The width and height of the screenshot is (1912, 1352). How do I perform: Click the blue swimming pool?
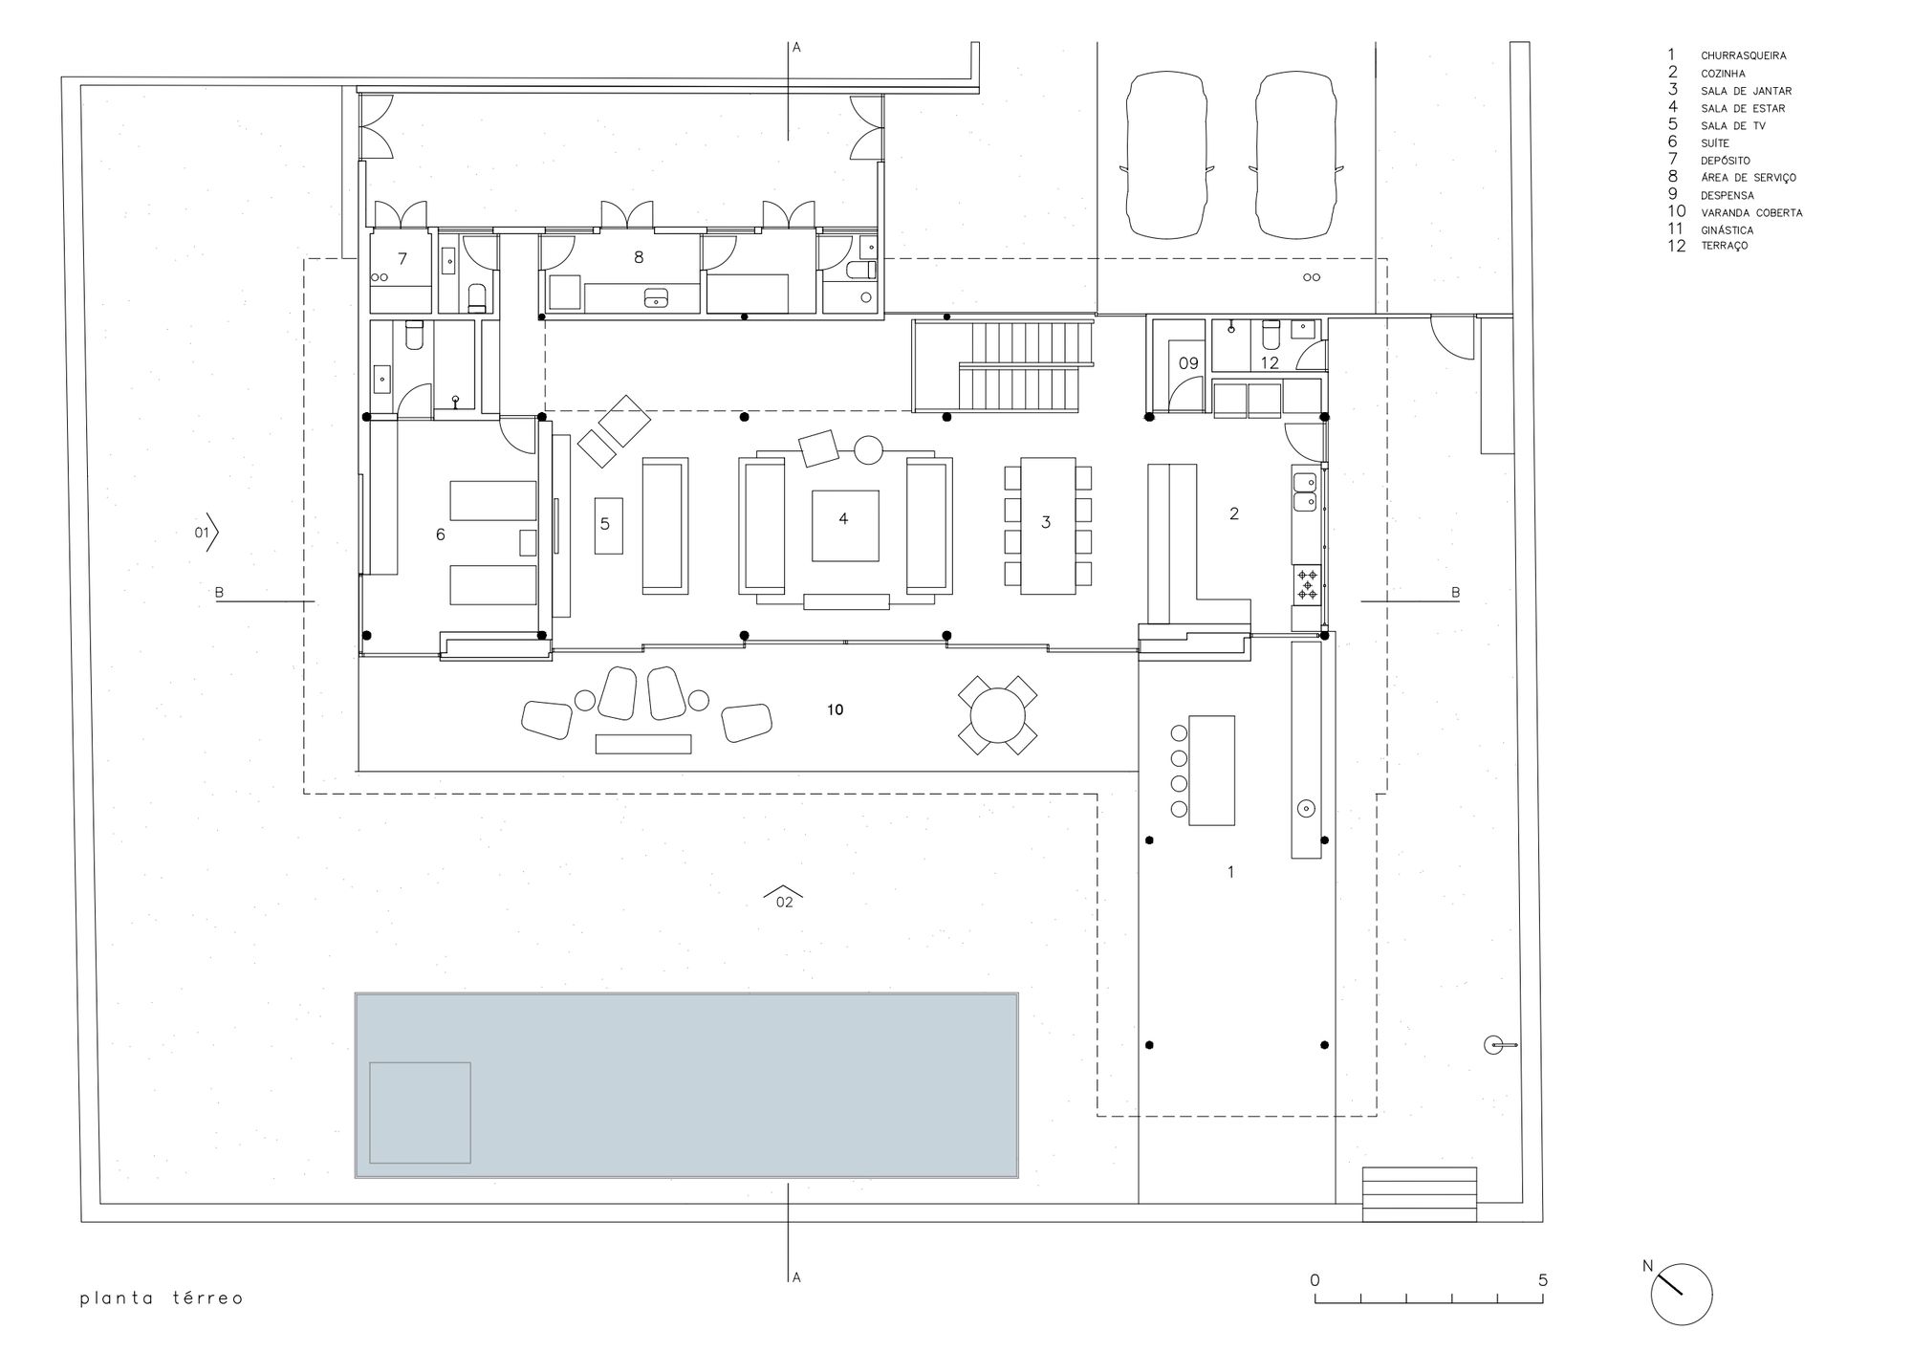pos(685,1084)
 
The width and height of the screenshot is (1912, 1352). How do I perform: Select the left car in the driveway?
pos(1166,156)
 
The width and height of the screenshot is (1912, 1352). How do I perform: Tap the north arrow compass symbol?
pos(1681,1294)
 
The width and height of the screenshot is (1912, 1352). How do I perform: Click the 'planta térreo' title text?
pos(162,1298)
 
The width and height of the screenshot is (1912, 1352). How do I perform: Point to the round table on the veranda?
pos(997,715)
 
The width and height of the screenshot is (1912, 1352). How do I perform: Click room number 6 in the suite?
pos(441,534)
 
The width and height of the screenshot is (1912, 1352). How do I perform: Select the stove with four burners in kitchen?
pos(1306,584)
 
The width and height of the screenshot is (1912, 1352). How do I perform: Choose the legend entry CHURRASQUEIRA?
pos(1743,56)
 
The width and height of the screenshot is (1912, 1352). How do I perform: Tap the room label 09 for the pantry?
pos(1187,363)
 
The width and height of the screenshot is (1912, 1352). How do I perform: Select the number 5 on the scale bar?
pos(1542,1280)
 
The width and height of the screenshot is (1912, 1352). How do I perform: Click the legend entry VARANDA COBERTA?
pos(1750,213)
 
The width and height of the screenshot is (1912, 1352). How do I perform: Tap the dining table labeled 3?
pos(1047,523)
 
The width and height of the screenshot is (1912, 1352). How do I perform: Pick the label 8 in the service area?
pos(639,256)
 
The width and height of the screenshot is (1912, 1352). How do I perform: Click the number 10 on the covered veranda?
pos(835,710)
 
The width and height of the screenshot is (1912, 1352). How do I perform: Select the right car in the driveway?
pos(1296,156)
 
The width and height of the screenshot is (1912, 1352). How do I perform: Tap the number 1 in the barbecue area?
pos(1230,872)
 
